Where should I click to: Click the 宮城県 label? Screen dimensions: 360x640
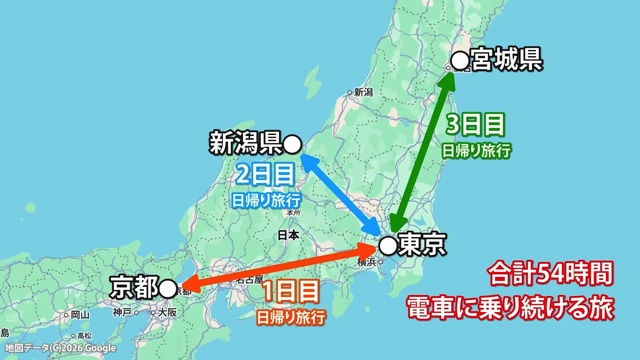506,61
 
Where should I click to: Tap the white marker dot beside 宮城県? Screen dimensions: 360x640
459,62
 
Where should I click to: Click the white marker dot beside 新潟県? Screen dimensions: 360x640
293,143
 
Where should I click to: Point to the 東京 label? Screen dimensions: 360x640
419,243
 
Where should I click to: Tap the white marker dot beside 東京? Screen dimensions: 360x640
385,244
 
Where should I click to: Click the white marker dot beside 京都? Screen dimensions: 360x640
168,289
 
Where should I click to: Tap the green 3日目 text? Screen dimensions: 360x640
475,125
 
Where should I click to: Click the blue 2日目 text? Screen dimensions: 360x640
265,174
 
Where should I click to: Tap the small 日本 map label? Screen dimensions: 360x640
288,236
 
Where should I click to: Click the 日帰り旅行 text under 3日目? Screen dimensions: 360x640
477,151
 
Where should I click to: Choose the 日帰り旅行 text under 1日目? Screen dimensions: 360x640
291,318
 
